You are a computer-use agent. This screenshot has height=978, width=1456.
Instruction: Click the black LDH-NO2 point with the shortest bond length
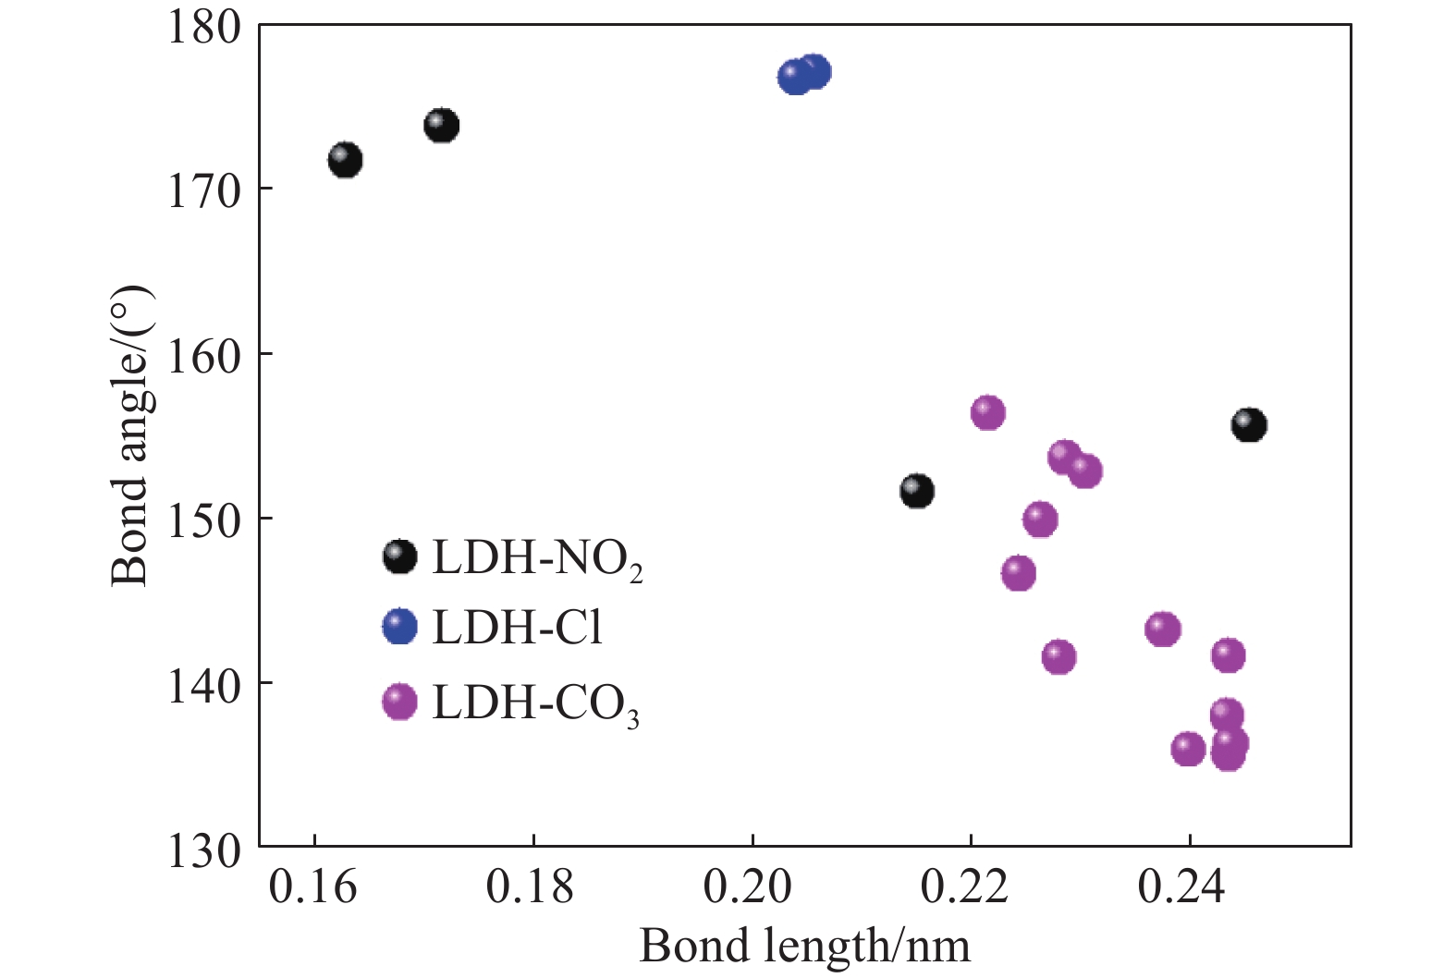coord(345,160)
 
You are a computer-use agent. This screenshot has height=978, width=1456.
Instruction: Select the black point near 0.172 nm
coord(442,125)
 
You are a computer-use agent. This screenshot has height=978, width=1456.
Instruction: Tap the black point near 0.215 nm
coord(916,490)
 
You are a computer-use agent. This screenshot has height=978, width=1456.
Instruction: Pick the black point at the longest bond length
coord(1249,425)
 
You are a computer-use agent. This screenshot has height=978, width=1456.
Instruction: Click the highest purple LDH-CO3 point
coord(987,412)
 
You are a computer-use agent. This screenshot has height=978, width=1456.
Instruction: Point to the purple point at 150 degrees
coord(1040,520)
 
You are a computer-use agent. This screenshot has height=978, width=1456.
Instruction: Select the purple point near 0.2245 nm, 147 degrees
coord(1018,573)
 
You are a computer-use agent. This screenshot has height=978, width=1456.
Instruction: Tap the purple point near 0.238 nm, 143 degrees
coord(1163,630)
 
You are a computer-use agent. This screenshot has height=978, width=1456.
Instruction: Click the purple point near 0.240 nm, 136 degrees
coord(1188,749)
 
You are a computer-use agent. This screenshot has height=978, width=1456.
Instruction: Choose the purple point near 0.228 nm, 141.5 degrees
coord(1058,657)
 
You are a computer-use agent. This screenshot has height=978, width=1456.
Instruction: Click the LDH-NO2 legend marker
coord(399,556)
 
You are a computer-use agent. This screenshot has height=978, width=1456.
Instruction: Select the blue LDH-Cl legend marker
coord(399,627)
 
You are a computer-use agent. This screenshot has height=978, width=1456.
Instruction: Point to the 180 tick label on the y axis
coord(202,26)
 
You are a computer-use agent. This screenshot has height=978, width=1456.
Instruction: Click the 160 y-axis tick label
coord(202,355)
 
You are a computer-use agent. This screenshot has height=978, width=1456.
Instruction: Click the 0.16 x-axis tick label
coord(312,887)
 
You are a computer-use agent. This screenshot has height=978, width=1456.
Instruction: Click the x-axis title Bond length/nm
coord(804,947)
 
